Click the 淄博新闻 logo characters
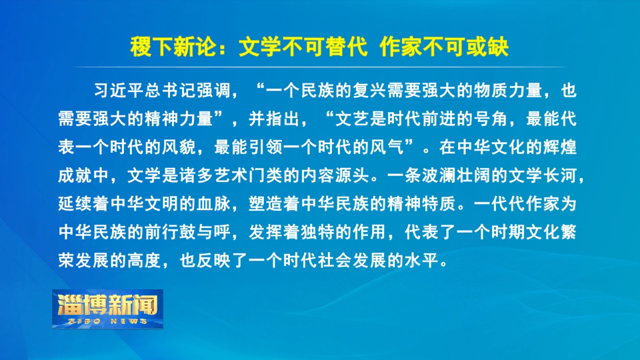[x=107, y=305]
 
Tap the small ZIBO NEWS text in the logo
[x=107, y=321]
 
